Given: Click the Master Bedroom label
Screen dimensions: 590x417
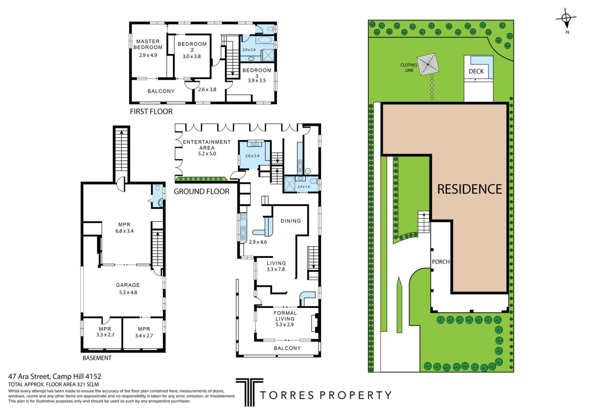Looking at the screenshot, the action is click(x=148, y=44).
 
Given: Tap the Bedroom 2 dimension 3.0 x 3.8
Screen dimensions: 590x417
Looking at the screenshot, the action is click(x=191, y=57).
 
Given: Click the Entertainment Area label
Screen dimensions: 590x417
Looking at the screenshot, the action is click(x=206, y=145).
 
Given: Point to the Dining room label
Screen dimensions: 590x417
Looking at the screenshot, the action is click(x=291, y=221).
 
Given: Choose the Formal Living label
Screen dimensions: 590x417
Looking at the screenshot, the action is click(x=285, y=316).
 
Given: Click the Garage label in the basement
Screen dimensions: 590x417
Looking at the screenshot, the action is click(x=128, y=285).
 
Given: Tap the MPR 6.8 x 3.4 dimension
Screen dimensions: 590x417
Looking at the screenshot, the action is click(x=124, y=231).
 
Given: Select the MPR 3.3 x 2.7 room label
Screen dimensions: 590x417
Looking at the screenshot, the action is click(x=105, y=329).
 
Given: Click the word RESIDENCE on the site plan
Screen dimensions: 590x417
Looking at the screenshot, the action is click(x=470, y=189).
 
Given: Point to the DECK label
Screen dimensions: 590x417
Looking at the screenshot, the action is click(x=476, y=71).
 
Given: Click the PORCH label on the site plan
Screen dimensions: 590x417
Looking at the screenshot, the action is click(x=441, y=262).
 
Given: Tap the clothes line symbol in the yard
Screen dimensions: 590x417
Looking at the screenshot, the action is click(x=428, y=64).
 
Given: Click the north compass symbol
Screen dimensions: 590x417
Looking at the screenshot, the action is click(x=566, y=19).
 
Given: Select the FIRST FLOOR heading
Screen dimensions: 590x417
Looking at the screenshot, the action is click(x=151, y=112).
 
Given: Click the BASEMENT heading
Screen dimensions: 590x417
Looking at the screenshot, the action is click(x=97, y=358).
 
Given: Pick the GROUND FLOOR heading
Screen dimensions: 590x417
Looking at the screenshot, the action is click(x=202, y=191).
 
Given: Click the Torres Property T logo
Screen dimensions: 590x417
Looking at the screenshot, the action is click(x=249, y=392).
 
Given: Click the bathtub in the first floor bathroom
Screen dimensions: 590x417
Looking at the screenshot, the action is click(x=265, y=40).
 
